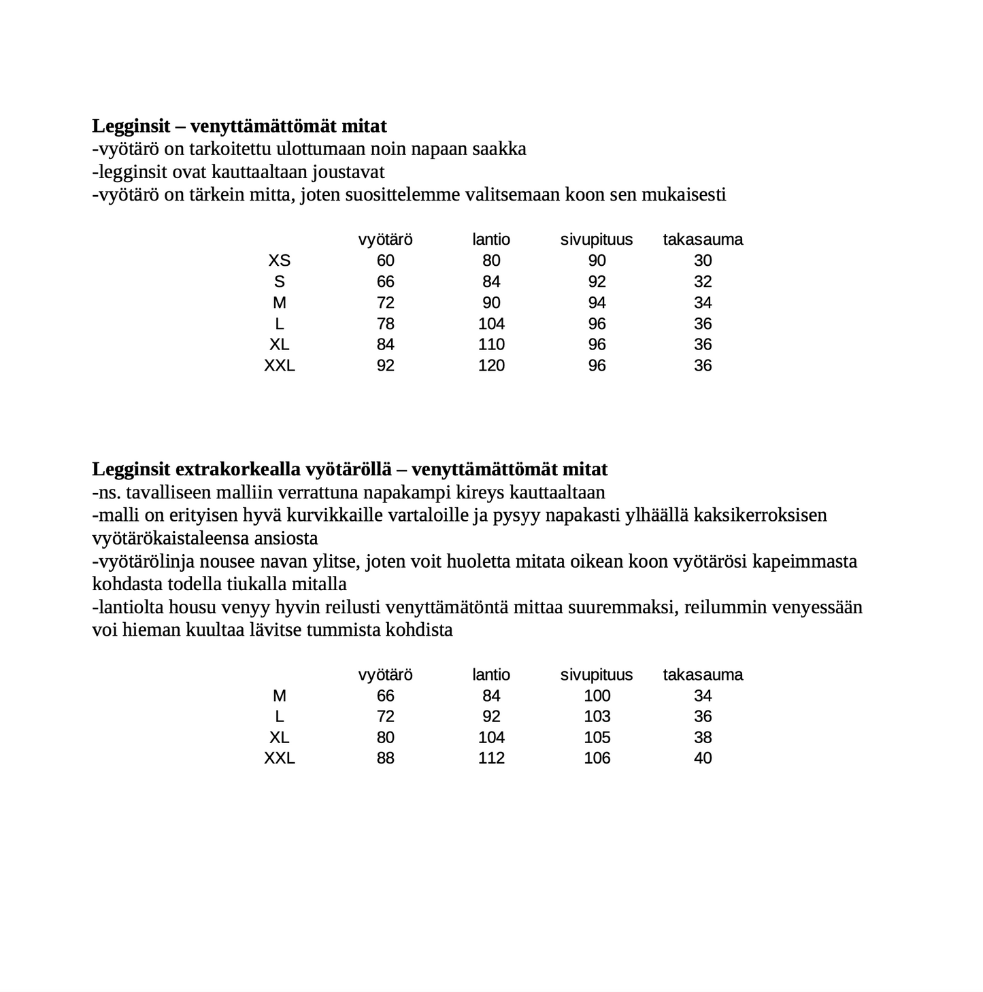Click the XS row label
coord(279,260)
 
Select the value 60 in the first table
coord(385,260)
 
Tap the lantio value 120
coord(491,366)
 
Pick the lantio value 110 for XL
coord(491,345)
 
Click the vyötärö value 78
coord(385,324)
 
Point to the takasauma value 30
coord(703,260)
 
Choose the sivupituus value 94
coord(597,303)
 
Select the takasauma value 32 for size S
coord(703,281)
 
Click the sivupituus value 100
coord(597,696)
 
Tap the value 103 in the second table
coord(597,717)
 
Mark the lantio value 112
coord(491,758)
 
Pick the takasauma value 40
coord(703,758)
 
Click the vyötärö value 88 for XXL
coord(385,758)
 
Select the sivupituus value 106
coord(597,758)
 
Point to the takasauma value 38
coord(703,738)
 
